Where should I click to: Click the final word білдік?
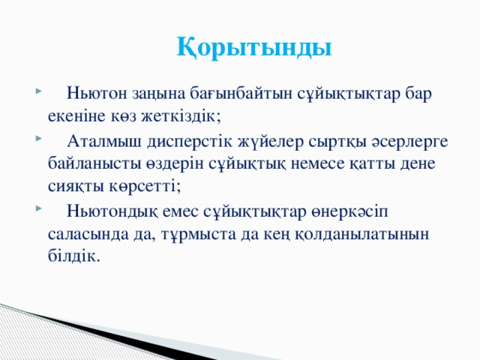[72, 254]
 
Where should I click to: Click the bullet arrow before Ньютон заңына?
[37, 95]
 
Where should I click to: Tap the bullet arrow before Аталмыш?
[37, 140]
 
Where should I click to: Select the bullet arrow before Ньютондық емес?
[37, 208]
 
